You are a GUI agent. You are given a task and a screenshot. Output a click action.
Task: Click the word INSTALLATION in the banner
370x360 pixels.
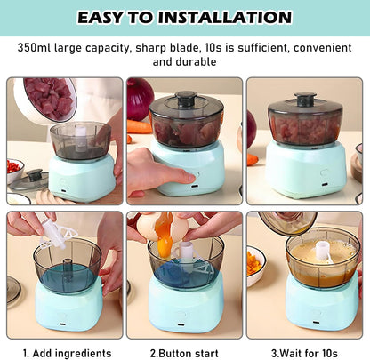(225, 17)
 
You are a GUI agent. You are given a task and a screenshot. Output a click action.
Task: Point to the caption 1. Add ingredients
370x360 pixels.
(68, 353)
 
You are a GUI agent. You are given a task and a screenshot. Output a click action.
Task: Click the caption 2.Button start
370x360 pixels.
(184, 353)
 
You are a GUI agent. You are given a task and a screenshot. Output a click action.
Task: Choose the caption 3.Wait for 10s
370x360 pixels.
(304, 353)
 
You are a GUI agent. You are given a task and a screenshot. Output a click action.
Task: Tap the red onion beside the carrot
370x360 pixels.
(140, 99)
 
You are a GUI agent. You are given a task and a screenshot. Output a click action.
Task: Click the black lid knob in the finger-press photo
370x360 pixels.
(186, 99)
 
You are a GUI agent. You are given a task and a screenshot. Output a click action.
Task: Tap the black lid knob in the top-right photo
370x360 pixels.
(305, 100)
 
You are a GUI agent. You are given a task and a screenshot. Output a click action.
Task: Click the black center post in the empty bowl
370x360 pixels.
(68, 268)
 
